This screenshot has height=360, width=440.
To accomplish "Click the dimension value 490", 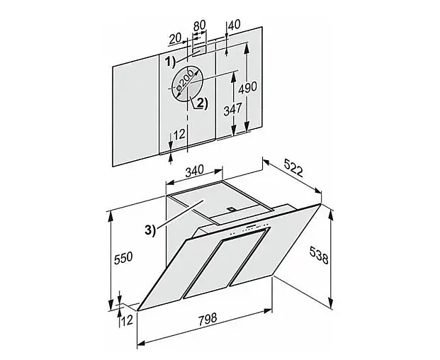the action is (x=248, y=87).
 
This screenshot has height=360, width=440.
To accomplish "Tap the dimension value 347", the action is (x=232, y=109).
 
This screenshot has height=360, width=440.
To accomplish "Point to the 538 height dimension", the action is (x=319, y=255).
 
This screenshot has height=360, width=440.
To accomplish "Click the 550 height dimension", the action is (x=123, y=258).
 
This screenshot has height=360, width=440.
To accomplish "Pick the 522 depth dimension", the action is (x=293, y=167).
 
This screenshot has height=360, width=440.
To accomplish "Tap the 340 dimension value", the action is (x=194, y=171).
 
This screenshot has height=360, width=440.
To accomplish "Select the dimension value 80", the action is (x=200, y=26).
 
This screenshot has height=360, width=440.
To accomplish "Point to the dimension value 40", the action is (x=235, y=25).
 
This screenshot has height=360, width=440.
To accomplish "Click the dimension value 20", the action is (x=176, y=39).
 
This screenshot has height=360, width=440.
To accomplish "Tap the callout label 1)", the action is (x=170, y=61).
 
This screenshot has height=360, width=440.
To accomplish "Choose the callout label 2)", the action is (x=202, y=103).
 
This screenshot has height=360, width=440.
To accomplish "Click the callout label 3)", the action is (x=150, y=230).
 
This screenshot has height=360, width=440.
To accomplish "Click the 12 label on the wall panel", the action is (x=179, y=135).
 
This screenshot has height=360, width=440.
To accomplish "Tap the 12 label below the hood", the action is (x=127, y=320).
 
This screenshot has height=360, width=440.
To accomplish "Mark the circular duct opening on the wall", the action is (x=187, y=84).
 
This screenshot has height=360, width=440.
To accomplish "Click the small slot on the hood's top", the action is (x=232, y=208).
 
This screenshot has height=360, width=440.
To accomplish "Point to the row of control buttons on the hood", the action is (x=249, y=228).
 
